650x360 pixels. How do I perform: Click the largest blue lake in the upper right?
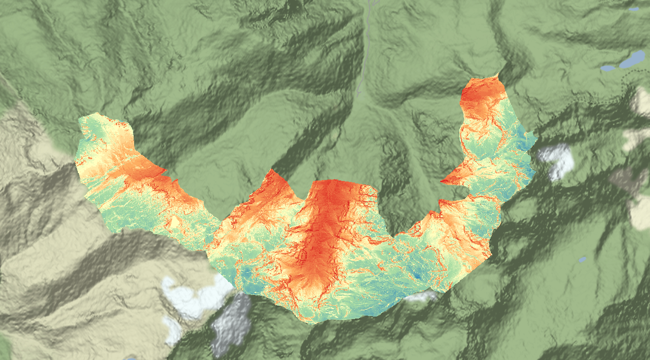pos(632,59)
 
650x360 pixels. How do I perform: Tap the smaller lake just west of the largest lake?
pos(608,68)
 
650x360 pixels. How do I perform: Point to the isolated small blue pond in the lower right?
pos(582,259)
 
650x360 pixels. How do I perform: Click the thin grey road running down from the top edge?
pos(366,39)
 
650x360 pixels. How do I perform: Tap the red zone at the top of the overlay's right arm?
pos(481,96)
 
